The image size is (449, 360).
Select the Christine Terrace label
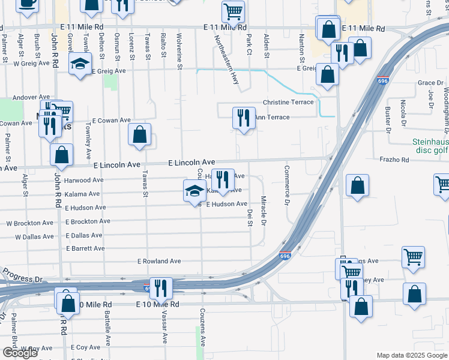[x=288, y=102]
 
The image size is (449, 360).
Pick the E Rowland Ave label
[x=159, y=261]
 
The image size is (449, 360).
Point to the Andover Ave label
[x=31, y=96]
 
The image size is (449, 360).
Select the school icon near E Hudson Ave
[x=194, y=191]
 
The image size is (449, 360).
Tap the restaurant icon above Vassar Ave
[x=160, y=288]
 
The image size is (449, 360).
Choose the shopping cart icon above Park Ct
[x=233, y=11]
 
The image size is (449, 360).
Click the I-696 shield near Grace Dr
[x=383, y=80]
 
